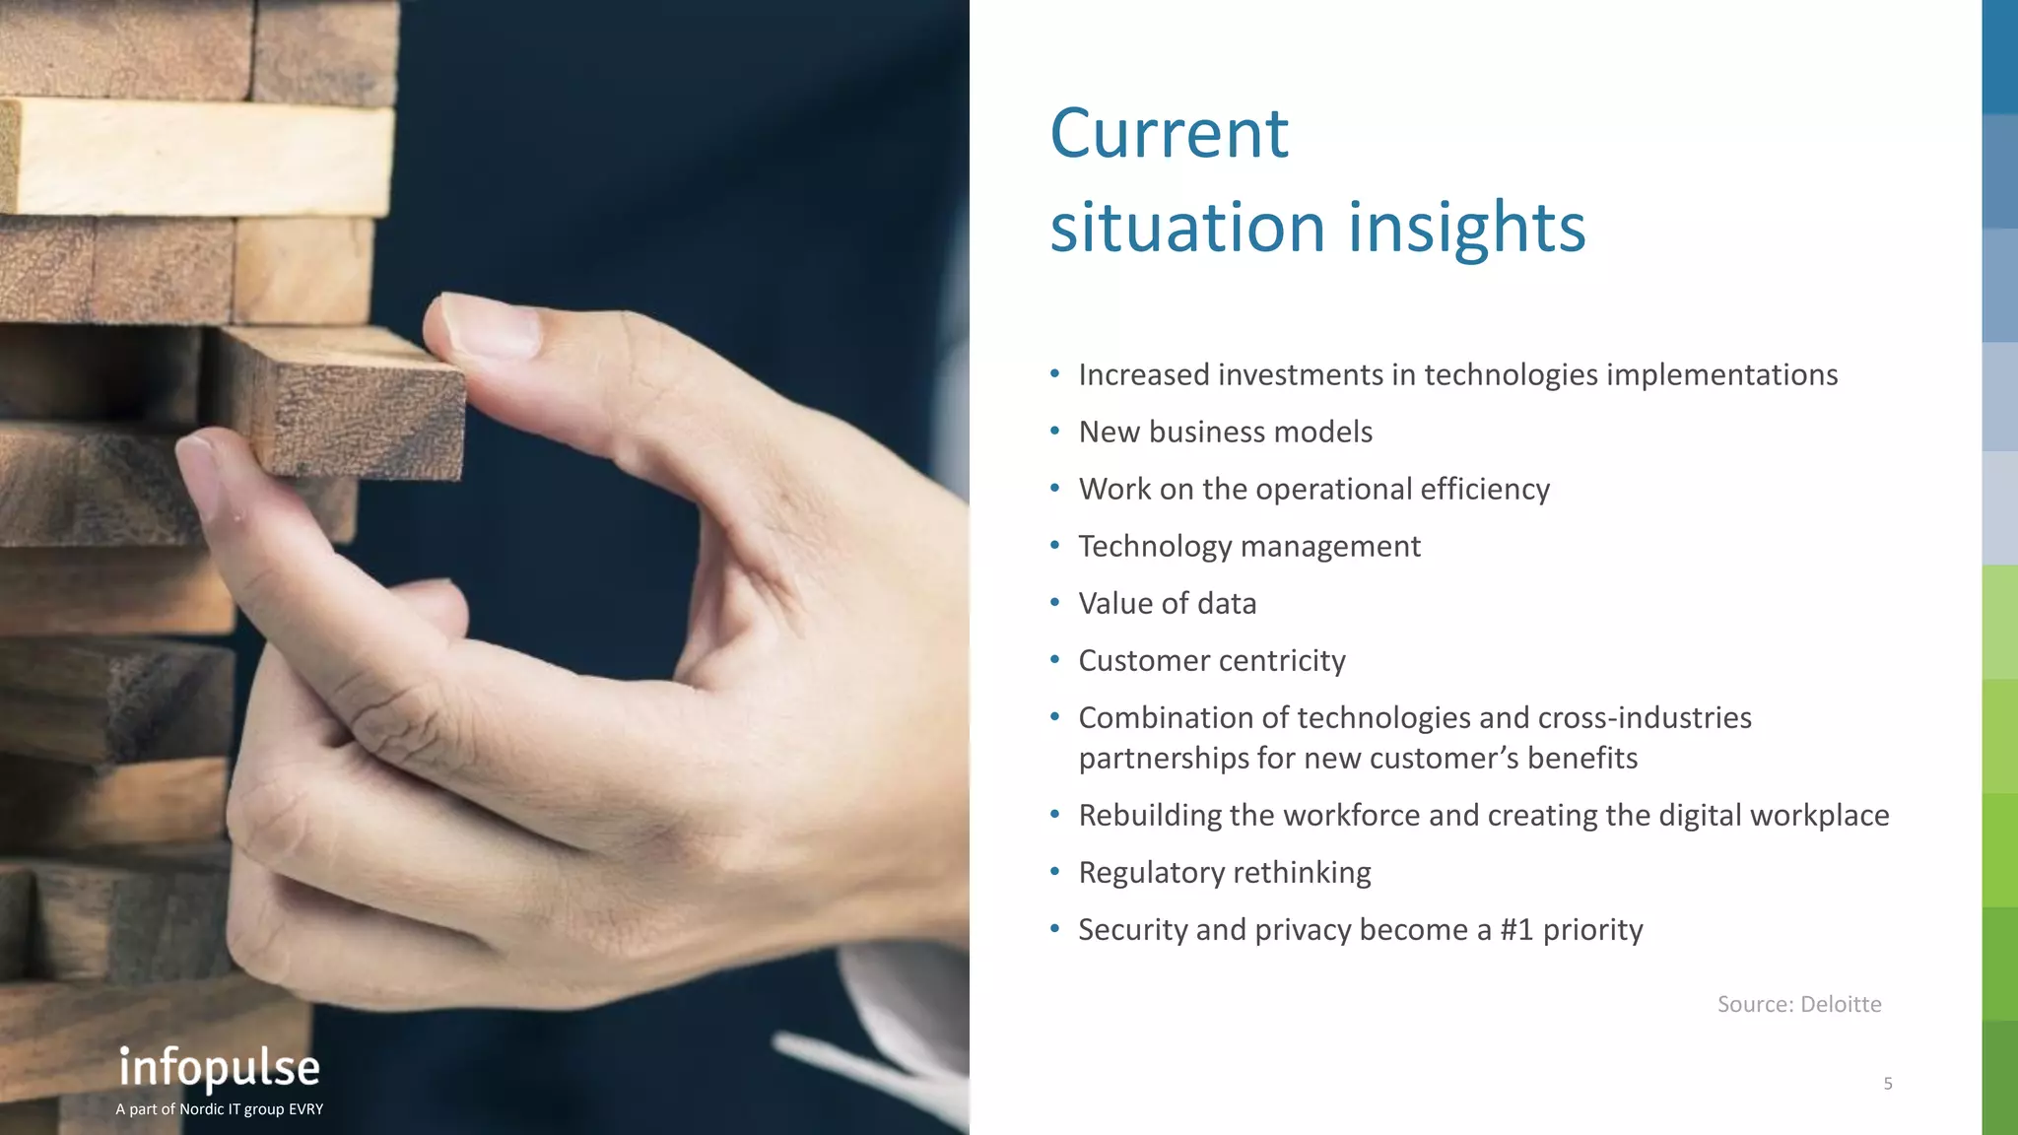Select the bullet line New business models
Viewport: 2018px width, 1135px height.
click(x=1225, y=432)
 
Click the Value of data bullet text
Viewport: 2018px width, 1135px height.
click(x=1167, y=603)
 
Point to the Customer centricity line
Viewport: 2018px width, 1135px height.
click(x=1211, y=660)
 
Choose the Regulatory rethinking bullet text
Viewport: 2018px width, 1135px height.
click(x=1224, y=872)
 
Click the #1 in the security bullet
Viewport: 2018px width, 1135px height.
click(x=1516, y=929)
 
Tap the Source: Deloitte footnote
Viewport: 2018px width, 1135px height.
click(x=1798, y=1004)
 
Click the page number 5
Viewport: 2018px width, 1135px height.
click(x=1887, y=1084)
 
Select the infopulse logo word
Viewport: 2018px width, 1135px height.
click(x=220, y=1068)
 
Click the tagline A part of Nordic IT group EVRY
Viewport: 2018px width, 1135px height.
click(x=219, y=1109)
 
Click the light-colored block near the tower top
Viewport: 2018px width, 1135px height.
click(x=197, y=158)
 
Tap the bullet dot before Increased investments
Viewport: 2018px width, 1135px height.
click(x=1054, y=373)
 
